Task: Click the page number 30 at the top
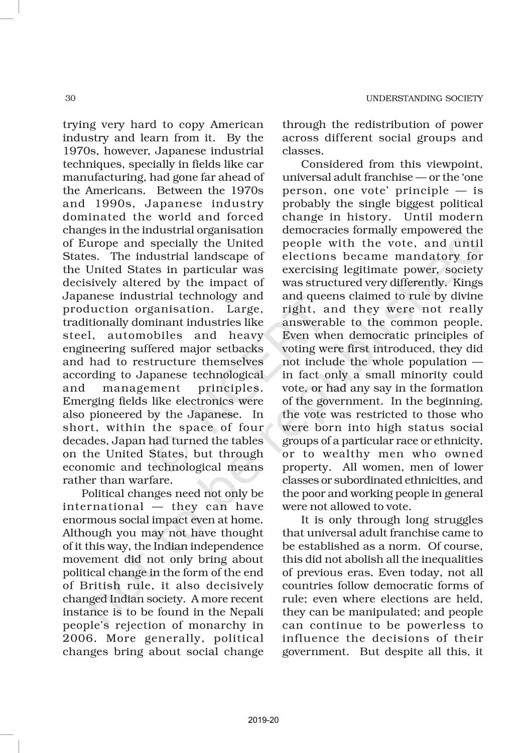pyautogui.click(x=70, y=98)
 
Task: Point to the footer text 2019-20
pyautogui.click(x=263, y=720)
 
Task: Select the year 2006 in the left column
pyautogui.click(x=79, y=639)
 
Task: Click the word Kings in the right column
pyautogui.click(x=471, y=283)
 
